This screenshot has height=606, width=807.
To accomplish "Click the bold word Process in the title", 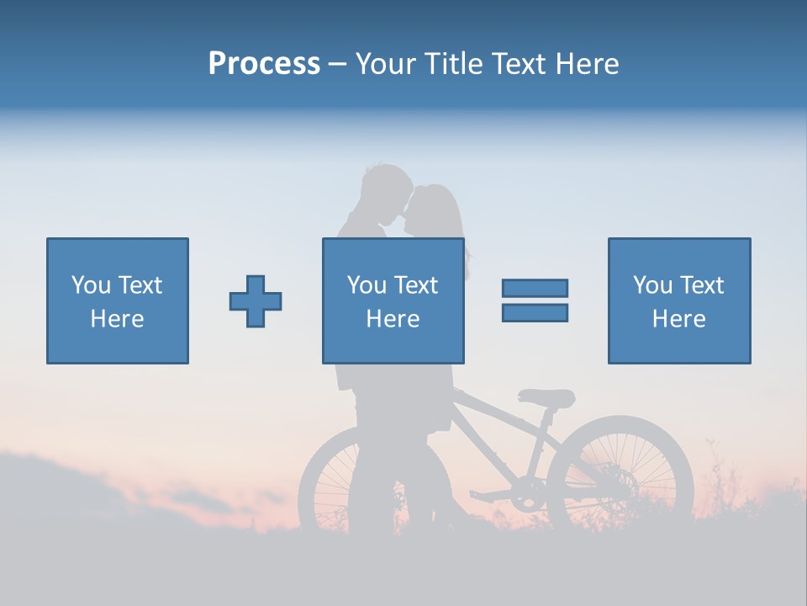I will (264, 64).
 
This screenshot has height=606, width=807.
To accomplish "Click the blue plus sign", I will (256, 300).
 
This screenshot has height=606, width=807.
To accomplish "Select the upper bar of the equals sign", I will (535, 288).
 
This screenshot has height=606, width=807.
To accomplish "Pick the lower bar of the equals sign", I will (535, 312).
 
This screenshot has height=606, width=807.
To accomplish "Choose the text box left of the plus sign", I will (117, 300).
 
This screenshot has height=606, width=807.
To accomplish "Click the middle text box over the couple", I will (393, 300).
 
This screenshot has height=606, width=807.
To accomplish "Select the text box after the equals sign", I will (678, 300).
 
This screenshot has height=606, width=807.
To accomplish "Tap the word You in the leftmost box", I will (89, 285).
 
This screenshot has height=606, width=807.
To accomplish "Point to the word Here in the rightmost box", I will (678, 319).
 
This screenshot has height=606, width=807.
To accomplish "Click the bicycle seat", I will (547, 397).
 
